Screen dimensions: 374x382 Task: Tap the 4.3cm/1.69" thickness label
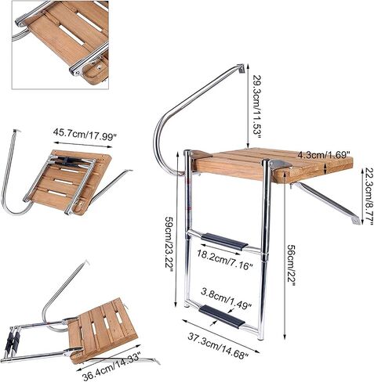pyautogui.click(x=324, y=155)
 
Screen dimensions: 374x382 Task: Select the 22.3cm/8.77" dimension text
pyautogui.click(x=369, y=196)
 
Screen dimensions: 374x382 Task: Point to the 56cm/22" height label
pyautogui.click(x=291, y=265)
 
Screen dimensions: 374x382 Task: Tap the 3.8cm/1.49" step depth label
pyautogui.click(x=226, y=297)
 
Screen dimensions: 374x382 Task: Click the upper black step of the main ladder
pyautogui.click(x=224, y=242)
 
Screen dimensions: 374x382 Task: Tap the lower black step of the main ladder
pyautogui.click(x=222, y=316)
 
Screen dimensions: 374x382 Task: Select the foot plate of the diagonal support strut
pyautogui.click(x=354, y=220)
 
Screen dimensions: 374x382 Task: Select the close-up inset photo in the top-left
pyautogui.click(x=60, y=45)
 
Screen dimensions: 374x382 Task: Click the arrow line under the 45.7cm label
pyautogui.click(x=83, y=145)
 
